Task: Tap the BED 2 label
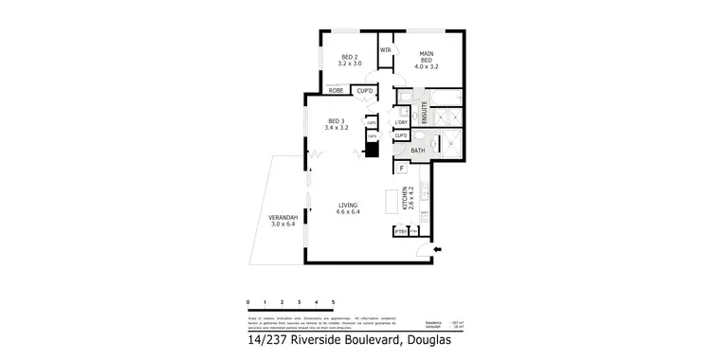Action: point(349,57)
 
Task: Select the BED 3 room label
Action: point(337,120)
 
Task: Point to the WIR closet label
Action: point(386,49)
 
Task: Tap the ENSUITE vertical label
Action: point(426,113)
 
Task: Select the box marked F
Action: point(402,169)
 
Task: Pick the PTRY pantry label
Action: point(400,230)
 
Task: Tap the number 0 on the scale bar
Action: point(248,301)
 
